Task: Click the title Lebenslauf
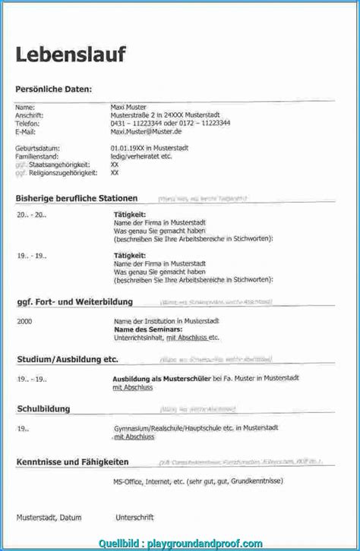click(x=70, y=55)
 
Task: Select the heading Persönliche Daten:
click(x=53, y=89)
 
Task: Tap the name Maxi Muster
click(x=128, y=107)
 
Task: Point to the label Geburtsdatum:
click(x=38, y=147)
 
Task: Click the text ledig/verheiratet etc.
click(x=141, y=156)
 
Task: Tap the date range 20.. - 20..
click(x=32, y=215)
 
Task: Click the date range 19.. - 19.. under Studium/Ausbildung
click(x=32, y=377)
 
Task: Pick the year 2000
click(x=24, y=322)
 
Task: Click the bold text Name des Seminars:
click(x=148, y=329)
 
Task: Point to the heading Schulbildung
click(x=43, y=409)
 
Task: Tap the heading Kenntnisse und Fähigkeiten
click(x=81, y=461)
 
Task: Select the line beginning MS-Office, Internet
click(x=197, y=481)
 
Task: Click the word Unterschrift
click(x=134, y=518)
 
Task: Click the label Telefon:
click(x=28, y=122)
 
